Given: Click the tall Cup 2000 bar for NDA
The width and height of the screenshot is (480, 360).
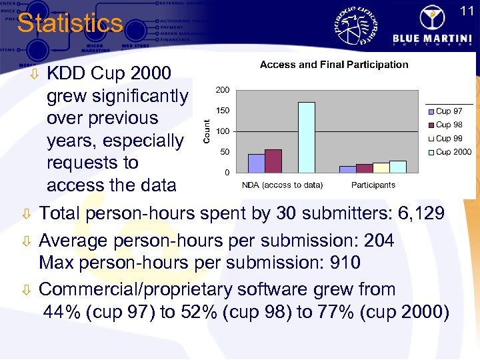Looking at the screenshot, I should tap(306, 137).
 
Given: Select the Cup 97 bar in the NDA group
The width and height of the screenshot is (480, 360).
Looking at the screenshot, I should tap(256, 163).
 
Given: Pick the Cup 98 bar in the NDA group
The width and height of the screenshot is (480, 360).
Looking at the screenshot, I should tap(273, 161).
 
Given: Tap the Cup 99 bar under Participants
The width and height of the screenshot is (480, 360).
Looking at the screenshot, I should tap(381, 167).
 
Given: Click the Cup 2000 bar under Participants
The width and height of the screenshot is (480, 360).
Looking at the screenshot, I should tap(397, 167).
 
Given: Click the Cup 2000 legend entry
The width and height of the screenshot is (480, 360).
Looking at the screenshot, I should tap(451, 152).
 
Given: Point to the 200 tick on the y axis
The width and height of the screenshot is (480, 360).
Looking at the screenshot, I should tap(223, 90).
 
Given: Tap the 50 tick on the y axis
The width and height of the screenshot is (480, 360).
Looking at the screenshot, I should tap(225, 152).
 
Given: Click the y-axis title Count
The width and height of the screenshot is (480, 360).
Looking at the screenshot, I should tap(207, 130).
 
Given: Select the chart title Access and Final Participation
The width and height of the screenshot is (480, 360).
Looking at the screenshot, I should tap(334, 65).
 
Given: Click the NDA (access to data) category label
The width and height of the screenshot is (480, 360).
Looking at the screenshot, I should tap(282, 185).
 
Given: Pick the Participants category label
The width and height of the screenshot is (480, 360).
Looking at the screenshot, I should tap(373, 185).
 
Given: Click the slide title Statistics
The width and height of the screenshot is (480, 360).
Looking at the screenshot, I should tap(70, 23).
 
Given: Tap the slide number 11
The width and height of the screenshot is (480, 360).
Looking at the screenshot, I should tap(467, 11).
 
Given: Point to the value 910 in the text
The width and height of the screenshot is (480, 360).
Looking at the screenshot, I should tap(345, 263).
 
